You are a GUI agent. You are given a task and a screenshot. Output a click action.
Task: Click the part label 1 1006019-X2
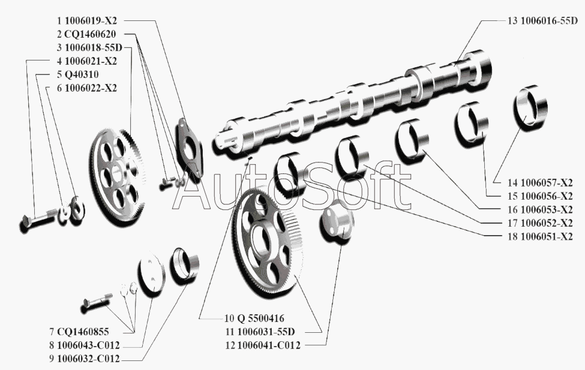87,21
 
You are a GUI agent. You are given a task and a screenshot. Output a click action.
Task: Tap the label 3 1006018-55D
89,47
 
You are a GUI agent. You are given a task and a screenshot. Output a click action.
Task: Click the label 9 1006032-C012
88,359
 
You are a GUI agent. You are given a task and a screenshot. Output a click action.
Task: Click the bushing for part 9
185,266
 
